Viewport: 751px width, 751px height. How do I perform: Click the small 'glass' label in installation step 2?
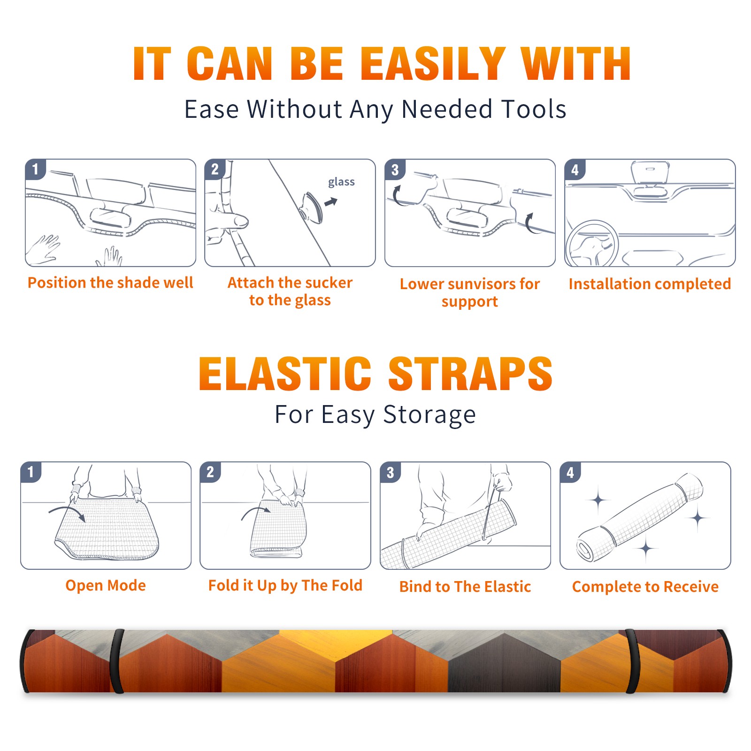(341, 182)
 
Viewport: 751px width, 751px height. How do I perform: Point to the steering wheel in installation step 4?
(592, 243)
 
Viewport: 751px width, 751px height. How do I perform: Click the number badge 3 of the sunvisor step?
(395, 169)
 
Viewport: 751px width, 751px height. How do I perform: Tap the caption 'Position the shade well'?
(110, 283)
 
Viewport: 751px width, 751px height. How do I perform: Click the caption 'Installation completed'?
(650, 284)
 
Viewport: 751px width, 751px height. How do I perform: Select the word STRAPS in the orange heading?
(470, 374)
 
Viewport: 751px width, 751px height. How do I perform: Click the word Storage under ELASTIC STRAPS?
(429, 415)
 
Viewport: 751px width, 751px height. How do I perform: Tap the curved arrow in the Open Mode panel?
(67, 512)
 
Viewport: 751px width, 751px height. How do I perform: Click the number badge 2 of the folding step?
(210, 472)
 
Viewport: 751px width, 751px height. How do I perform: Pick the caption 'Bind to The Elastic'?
(465, 586)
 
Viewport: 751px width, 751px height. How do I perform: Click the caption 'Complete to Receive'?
(645, 586)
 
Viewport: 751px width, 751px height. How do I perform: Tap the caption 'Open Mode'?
(106, 585)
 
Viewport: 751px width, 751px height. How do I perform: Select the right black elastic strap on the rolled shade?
(632, 661)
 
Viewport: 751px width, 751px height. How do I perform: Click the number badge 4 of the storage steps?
(570, 472)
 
